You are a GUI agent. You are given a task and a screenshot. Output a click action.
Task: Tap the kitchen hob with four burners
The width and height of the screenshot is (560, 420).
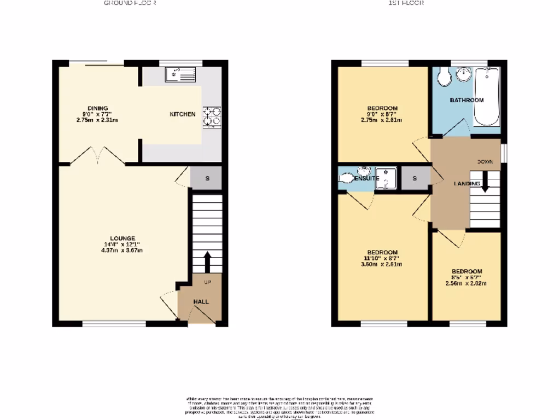click(x=212, y=116)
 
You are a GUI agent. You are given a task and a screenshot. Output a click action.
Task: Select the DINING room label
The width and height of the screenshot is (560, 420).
click(x=98, y=108)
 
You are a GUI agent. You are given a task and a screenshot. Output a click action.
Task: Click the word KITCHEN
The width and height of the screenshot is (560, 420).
click(x=183, y=114)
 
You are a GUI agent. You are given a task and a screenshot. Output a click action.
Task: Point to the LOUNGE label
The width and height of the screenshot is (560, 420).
click(x=122, y=238)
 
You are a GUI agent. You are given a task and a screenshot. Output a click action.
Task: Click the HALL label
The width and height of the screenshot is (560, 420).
click(x=201, y=301)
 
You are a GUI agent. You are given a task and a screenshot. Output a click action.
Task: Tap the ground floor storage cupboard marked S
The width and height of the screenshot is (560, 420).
click(x=207, y=178)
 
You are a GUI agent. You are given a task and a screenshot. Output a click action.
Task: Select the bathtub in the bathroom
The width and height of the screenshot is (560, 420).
click(x=486, y=96)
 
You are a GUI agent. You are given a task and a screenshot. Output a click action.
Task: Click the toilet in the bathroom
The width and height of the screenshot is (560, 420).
click(x=442, y=77)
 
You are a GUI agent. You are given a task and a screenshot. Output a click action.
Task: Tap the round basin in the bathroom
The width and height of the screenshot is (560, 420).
click(x=464, y=75)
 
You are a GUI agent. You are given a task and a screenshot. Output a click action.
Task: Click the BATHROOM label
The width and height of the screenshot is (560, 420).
click(x=466, y=100)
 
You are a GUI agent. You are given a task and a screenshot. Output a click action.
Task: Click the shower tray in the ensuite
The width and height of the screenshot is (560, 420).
click(x=386, y=178)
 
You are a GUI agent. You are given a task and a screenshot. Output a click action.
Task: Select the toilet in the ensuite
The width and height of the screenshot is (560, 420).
click(x=346, y=178)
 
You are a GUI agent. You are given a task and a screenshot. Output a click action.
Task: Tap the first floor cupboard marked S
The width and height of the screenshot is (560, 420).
click(x=415, y=178)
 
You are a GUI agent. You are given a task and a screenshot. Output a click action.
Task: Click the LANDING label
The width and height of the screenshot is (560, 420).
click(x=466, y=184)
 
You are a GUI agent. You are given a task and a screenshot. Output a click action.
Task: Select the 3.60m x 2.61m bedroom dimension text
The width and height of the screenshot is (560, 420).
click(x=383, y=265)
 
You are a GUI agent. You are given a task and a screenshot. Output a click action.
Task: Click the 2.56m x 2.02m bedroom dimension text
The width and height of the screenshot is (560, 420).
click(x=466, y=284)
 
